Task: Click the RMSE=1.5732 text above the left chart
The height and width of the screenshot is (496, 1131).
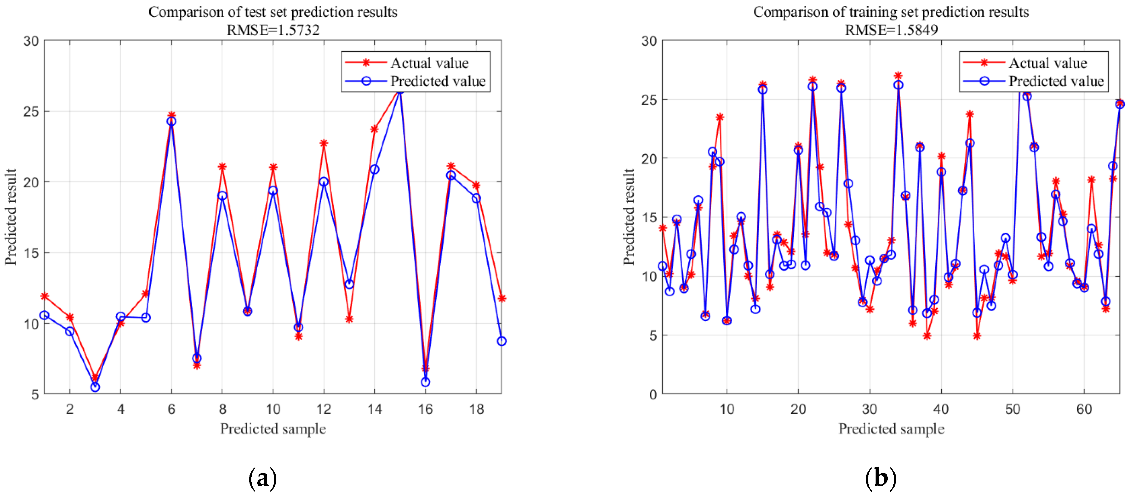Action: (273, 30)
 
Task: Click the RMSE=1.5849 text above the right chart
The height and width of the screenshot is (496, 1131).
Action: (891, 30)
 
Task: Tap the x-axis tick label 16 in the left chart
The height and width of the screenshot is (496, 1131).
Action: (425, 409)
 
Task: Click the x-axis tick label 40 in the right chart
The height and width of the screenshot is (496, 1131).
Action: (941, 409)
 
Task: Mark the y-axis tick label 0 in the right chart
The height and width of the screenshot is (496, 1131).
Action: (653, 394)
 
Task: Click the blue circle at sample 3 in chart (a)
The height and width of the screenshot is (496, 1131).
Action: (95, 387)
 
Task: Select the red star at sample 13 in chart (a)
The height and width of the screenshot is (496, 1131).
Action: (349, 319)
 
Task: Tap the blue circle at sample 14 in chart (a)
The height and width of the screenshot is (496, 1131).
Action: (374, 169)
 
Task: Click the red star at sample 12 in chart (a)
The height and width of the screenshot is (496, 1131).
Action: (324, 143)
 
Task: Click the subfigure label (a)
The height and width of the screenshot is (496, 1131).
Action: (263, 478)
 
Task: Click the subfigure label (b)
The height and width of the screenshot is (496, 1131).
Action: (880, 478)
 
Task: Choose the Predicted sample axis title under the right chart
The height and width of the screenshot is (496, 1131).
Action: (891, 429)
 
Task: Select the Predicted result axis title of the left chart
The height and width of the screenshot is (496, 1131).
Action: (11, 217)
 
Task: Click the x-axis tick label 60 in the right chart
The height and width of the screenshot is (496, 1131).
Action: (1084, 409)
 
